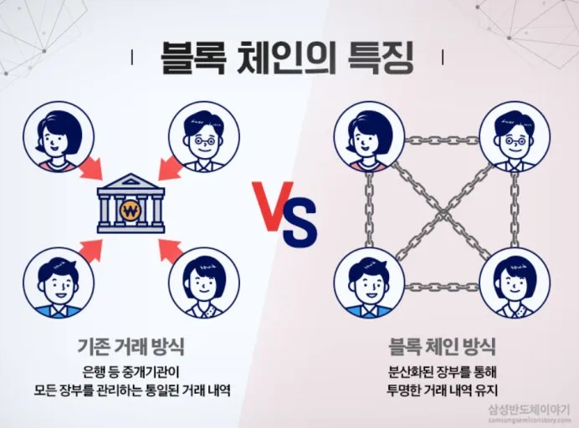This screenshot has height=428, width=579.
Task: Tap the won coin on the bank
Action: [131, 208]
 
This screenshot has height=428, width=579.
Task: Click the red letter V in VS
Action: [271, 206]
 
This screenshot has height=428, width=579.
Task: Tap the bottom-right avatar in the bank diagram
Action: [203, 283]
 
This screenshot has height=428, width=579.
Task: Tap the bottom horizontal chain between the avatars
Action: [440, 286]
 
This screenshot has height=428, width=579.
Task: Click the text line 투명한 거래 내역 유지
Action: [442, 389]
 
